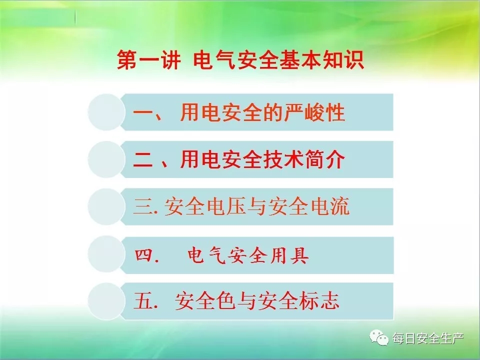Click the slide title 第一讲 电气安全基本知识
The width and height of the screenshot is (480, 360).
pos(240,59)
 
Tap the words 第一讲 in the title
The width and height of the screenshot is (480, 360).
pos(149,59)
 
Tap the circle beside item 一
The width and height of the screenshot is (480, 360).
pos(106,112)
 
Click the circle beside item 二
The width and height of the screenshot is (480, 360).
pos(106,159)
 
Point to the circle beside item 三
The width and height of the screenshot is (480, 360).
pos(106,206)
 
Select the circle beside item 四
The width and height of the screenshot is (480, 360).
pos(106,254)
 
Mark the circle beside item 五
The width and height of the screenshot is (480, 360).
pos(106,301)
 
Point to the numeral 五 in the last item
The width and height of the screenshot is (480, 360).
pos(143,301)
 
